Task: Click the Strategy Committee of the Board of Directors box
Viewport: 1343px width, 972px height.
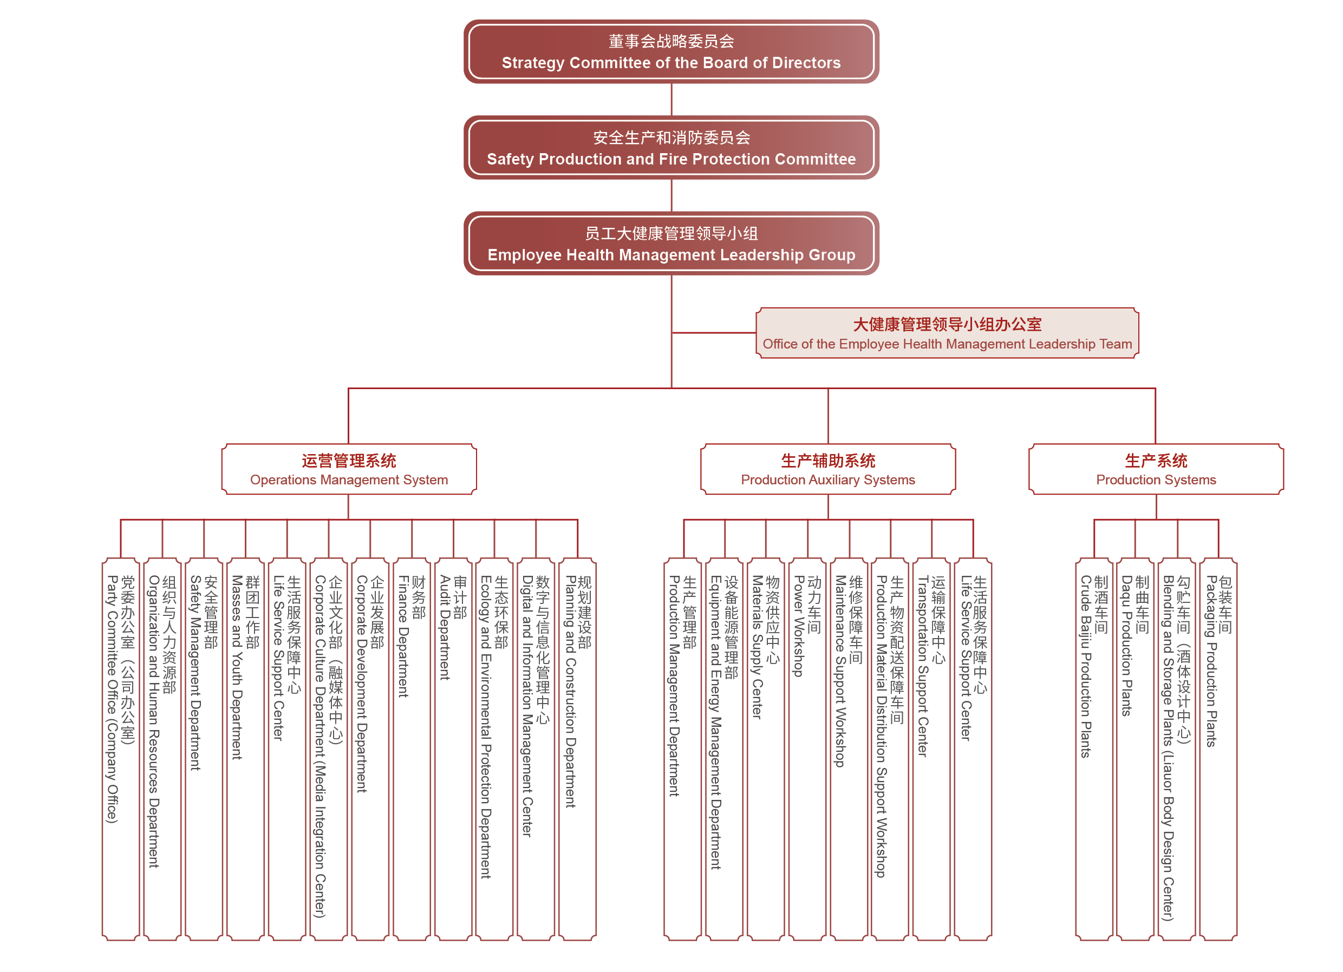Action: click(x=671, y=51)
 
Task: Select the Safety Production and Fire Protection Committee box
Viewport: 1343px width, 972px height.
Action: click(x=671, y=148)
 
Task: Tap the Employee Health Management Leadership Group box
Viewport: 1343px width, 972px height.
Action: click(x=671, y=244)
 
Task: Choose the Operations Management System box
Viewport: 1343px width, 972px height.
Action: click(x=349, y=469)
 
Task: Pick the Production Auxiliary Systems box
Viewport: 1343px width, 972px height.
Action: click(x=828, y=469)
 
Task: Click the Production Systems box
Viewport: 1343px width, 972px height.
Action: click(x=1156, y=469)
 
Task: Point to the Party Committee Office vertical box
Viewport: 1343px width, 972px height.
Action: click(x=121, y=749)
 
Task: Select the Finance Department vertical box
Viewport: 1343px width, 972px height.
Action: click(x=412, y=749)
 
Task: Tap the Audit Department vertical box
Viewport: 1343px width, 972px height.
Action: click(x=453, y=749)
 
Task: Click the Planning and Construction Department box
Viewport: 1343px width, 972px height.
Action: click(x=577, y=749)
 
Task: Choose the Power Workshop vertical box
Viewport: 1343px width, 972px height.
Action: click(x=807, y=749)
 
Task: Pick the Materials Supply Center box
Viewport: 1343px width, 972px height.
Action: click(x=766, y=749)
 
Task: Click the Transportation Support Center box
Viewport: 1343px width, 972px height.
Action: click(x=931, y=749)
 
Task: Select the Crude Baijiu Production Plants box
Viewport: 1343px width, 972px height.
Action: click(x=1094, y=749)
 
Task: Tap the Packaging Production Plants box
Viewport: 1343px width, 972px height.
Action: click(x=1218, y=749)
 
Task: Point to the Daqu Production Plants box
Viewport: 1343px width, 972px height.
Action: click(x=1135, y=749)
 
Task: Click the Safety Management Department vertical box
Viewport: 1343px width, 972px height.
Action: click(x=204, y=749)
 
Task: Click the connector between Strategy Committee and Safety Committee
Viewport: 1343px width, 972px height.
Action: click(x=671, y=100)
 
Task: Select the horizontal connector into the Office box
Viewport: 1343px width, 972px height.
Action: click(x=714, y=333)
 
